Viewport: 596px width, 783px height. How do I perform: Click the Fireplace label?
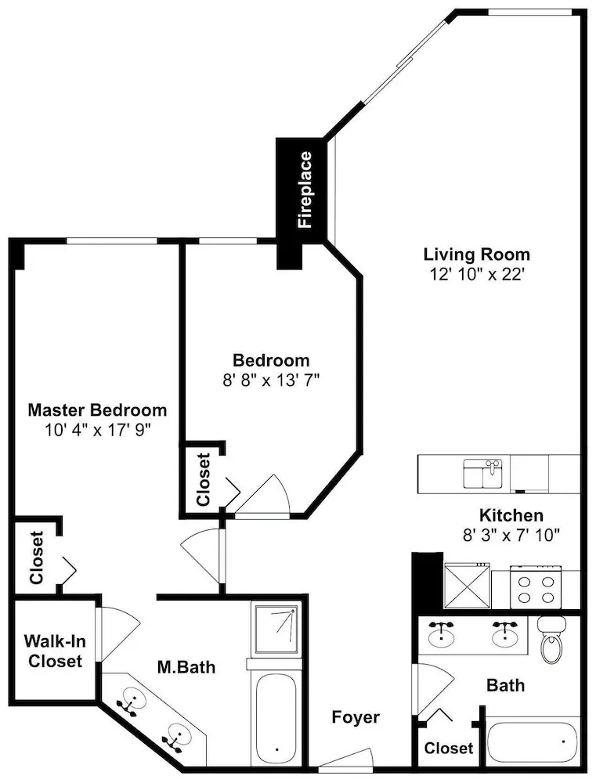click(x=304, y=189)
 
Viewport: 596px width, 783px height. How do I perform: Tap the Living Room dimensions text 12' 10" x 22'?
click(x=477, y=274)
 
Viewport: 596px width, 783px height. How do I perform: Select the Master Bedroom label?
click(x=97, y=410)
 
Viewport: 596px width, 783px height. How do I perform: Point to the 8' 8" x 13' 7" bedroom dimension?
click(x=271, y=381)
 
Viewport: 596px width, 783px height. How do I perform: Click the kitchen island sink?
click(x=483, y=474)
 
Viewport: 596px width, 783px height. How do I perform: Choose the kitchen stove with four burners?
click(x=536, y=587)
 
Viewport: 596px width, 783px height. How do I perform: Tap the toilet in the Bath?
click(x=551, y=640)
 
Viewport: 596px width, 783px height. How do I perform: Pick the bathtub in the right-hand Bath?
click(x=533, y=742)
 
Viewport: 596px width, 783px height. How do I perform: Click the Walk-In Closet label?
click(x=55, y=651)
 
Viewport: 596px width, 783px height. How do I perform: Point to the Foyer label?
click(x=356, y=717)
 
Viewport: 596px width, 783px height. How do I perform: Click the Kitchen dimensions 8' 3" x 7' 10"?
click(x=511, y=536)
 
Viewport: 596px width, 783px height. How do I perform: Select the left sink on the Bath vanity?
click(x=442, y=633)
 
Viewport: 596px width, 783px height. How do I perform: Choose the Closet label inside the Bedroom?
click(x=204, y=479)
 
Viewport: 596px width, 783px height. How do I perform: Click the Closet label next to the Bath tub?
click(x=449, y=748)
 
